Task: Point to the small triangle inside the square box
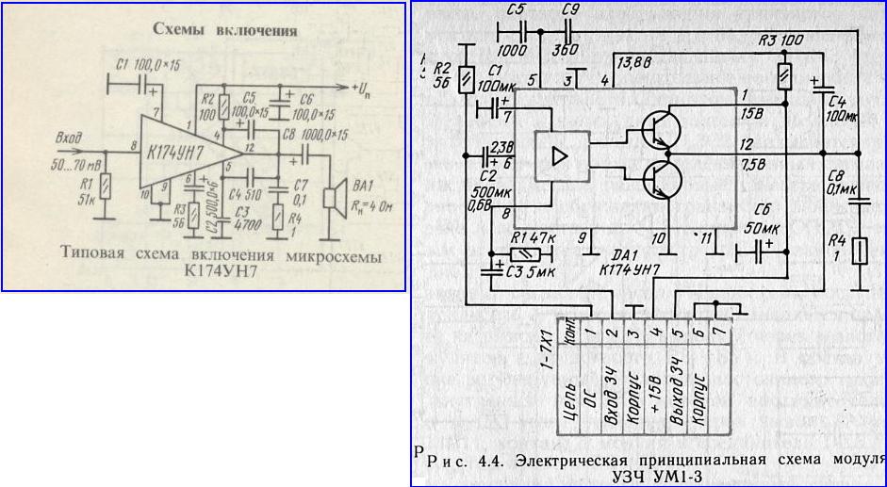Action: pyautogui.click(x=559, y=155)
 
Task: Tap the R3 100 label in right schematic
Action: pyautogui.click(x=780, y=41)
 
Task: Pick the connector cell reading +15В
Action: pyautogui.click(x=654, y=396)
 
